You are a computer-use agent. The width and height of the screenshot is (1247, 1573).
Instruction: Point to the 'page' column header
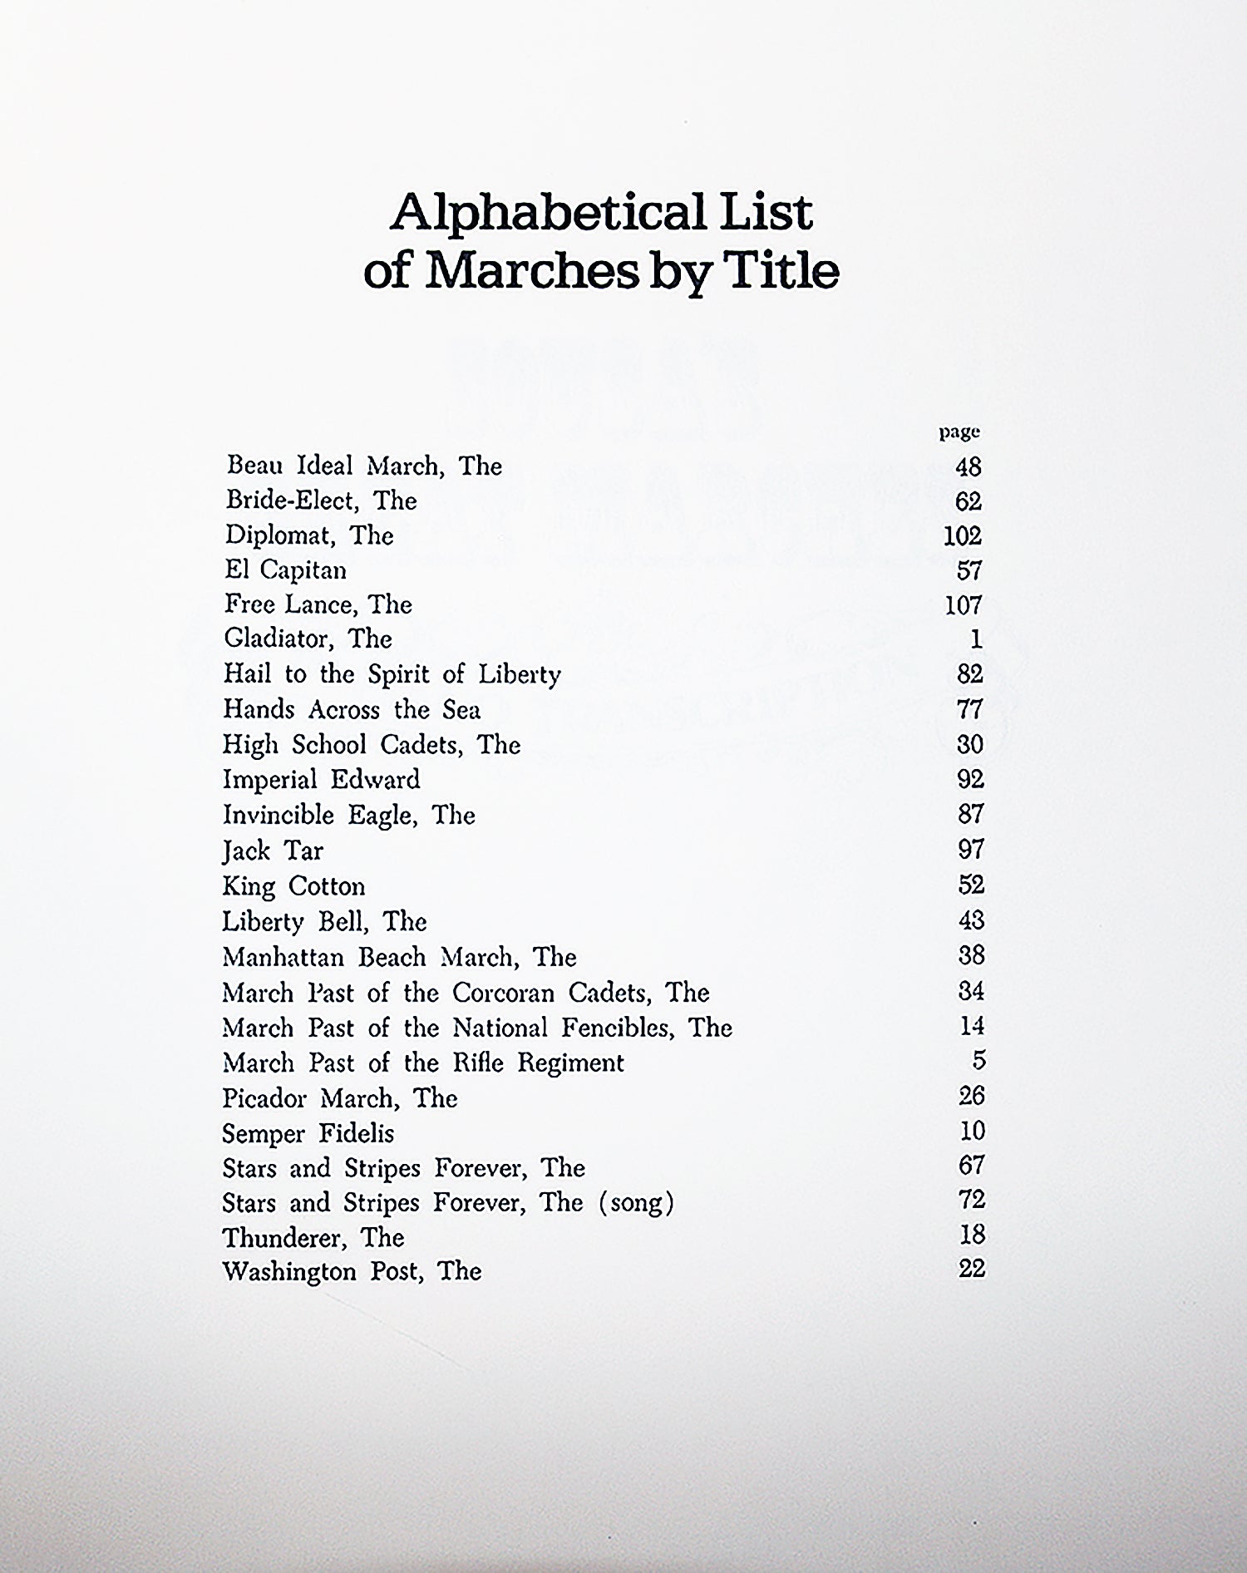click(x=959, y=432)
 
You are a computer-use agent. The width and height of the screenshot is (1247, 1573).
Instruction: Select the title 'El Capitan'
click(x=285, y=570)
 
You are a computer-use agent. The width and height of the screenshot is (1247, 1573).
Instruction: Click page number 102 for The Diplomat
click(x=962, y=536)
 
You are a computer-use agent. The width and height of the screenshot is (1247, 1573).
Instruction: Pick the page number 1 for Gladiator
click(x=976, y=639)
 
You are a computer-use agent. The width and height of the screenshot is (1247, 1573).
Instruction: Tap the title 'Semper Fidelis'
click(x=308, y=1134)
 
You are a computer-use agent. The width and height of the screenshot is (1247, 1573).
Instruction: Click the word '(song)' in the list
click(x=636, y=1203)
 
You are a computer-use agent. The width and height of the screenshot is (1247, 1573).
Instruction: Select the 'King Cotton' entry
click(x=293, y=886)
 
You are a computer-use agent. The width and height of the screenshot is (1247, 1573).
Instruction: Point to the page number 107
click(x=963, y=605)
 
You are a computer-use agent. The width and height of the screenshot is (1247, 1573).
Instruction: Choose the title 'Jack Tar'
click(x=272, y=851)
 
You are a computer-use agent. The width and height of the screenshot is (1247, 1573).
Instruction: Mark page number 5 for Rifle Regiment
click(x=978, y=1062)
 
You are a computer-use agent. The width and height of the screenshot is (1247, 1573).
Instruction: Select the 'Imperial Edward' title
click(x=321, y=780)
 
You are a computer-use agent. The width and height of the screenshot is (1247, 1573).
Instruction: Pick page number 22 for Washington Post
click(x=971, y=1269)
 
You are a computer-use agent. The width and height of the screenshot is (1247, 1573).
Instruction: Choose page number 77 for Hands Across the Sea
click(x=970, y=710)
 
